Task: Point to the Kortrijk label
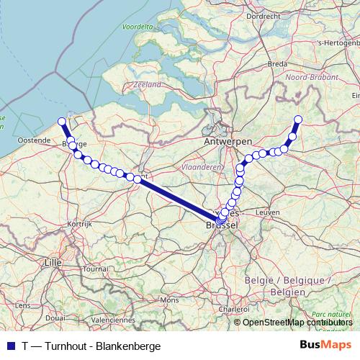81,224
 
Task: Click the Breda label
277,63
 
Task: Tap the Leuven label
267,213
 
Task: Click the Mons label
168,300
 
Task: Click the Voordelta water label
138,27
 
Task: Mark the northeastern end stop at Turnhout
298,120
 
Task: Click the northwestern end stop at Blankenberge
62,122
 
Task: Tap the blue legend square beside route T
9,345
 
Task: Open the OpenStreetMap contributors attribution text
297,323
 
